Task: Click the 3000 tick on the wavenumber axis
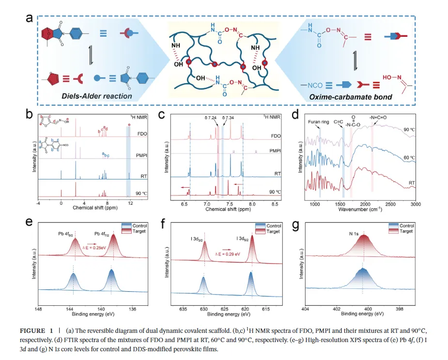(415, 205)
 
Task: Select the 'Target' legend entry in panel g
(406, 231)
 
